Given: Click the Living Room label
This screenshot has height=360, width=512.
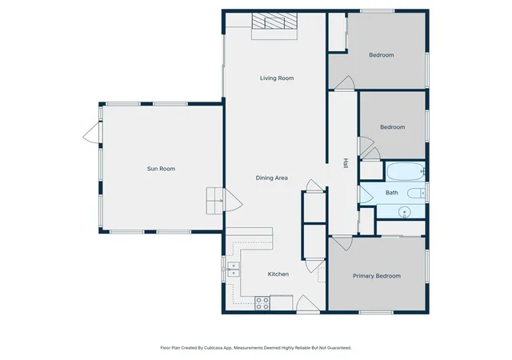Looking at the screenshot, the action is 277,78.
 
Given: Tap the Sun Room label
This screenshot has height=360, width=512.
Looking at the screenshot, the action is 161,169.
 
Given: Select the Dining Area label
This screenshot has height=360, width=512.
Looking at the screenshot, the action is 272,178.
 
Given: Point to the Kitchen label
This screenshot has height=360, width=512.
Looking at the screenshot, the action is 278,274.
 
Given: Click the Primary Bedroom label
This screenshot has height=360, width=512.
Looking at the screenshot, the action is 377,276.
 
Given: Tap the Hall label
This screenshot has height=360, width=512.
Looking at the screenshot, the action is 346,163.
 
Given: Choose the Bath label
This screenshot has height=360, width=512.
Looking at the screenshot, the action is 392,193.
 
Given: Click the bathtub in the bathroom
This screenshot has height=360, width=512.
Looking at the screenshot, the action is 406,171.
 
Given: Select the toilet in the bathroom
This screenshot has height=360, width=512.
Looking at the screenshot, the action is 417,194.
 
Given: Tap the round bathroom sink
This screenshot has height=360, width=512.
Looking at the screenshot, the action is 404,212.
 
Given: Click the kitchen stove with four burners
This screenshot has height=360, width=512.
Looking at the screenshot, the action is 262,303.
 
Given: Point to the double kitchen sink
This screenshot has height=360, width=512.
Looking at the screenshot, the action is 234,270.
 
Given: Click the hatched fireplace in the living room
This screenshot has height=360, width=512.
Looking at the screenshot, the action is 274,21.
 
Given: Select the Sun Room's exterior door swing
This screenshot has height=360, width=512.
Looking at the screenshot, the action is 91,133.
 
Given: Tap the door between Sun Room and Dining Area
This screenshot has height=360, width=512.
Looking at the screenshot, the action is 233,200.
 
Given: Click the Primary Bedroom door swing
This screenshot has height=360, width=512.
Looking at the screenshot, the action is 342,242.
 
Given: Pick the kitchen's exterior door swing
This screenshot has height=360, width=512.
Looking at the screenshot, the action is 307,303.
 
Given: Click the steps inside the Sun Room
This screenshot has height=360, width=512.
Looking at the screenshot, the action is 214,201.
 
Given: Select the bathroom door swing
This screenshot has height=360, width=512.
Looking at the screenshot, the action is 366,194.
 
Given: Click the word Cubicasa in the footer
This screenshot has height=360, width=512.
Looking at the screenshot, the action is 214,348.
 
